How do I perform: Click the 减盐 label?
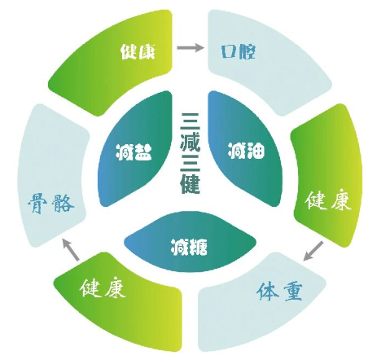(134, 152)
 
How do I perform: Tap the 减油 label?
(246, 150)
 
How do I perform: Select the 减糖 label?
(189, 247)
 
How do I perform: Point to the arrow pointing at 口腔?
(190, 48)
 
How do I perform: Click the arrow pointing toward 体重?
(313, 251)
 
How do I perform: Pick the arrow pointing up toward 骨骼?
(71, 249)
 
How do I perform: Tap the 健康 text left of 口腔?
(138, 51)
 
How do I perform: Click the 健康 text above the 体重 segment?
(328, 200)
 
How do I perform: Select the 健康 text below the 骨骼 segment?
(103, 288)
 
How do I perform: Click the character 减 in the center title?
(191, 141)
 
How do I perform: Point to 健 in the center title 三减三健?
(191, 184)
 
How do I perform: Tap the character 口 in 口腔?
(229, 51)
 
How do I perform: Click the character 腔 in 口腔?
(247, 51)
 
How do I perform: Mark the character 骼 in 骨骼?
(63, 203)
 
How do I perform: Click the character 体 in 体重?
(267, 291)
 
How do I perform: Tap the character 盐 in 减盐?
(143, 152)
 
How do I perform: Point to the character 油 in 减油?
(256, 150)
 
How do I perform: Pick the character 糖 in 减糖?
(199, 247)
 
